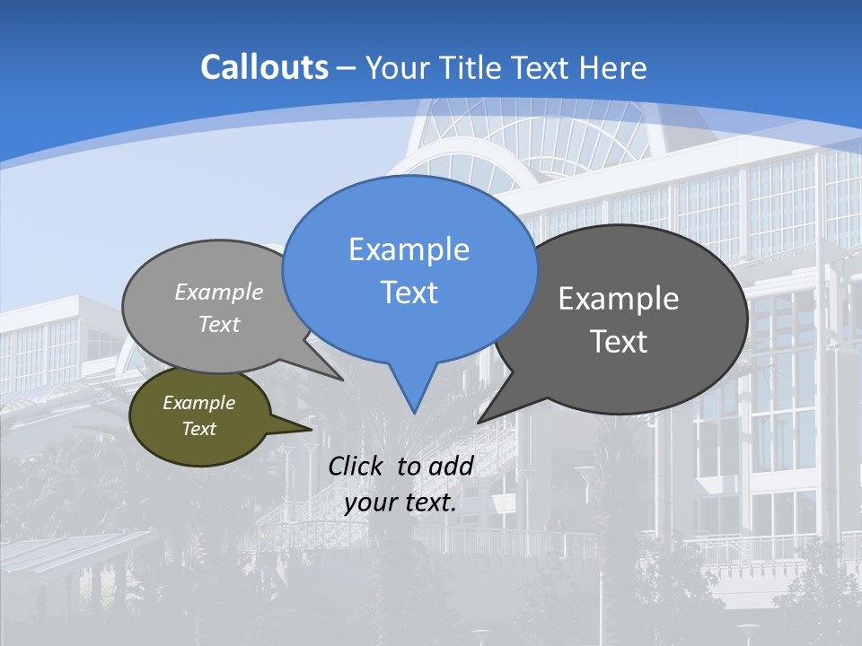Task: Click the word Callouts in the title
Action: (x=264, y=67)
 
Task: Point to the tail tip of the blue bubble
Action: (x=414, y=412)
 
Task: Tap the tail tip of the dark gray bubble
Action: (x=479, y=422)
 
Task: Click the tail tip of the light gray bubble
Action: (x=342, y=380)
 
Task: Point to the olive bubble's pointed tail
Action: (x=311, y=429)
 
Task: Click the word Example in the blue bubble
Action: (x=409, y=249)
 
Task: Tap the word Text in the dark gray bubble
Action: (x=619, y=342)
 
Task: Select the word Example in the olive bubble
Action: (x=199, y=403)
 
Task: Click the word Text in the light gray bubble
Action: (x=219, y=325)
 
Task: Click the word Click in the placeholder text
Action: (x=356, y=466)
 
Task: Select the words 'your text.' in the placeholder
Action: (x=400, y=502)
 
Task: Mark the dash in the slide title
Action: (x=347, y=67)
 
